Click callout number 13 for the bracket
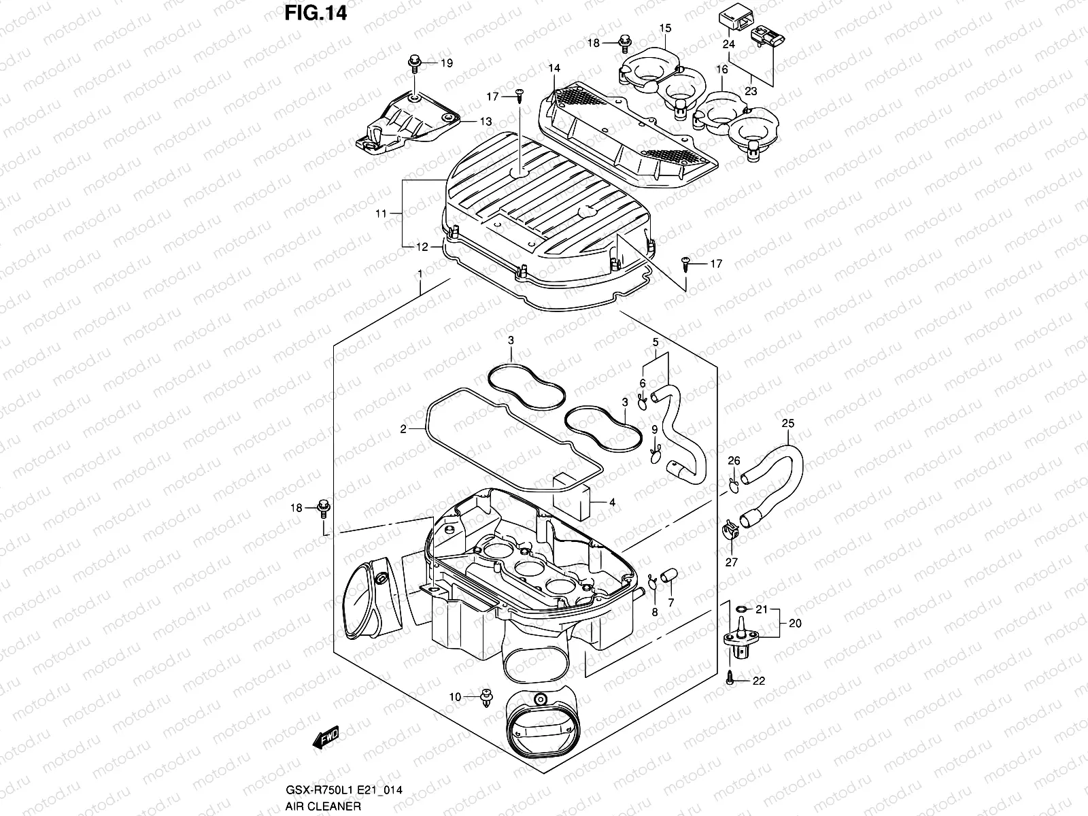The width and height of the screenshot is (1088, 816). coord(486,122)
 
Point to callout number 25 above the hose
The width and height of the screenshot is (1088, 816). coord(788,424)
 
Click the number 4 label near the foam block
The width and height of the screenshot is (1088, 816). coord(612,503)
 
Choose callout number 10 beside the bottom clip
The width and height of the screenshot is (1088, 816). coord(455,696)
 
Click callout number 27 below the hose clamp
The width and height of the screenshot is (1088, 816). coord(731,562)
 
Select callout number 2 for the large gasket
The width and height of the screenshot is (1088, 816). coord(403,429)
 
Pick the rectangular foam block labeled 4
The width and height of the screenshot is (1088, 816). coord(573,492)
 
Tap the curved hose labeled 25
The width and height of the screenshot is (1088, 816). coord(782,476)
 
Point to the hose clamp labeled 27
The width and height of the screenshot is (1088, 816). coord(728,534)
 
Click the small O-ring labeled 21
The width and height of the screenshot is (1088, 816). coord(743,609)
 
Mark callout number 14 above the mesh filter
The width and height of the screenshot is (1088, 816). coord(554,69)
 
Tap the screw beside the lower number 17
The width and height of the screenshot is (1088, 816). coord(686,264)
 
